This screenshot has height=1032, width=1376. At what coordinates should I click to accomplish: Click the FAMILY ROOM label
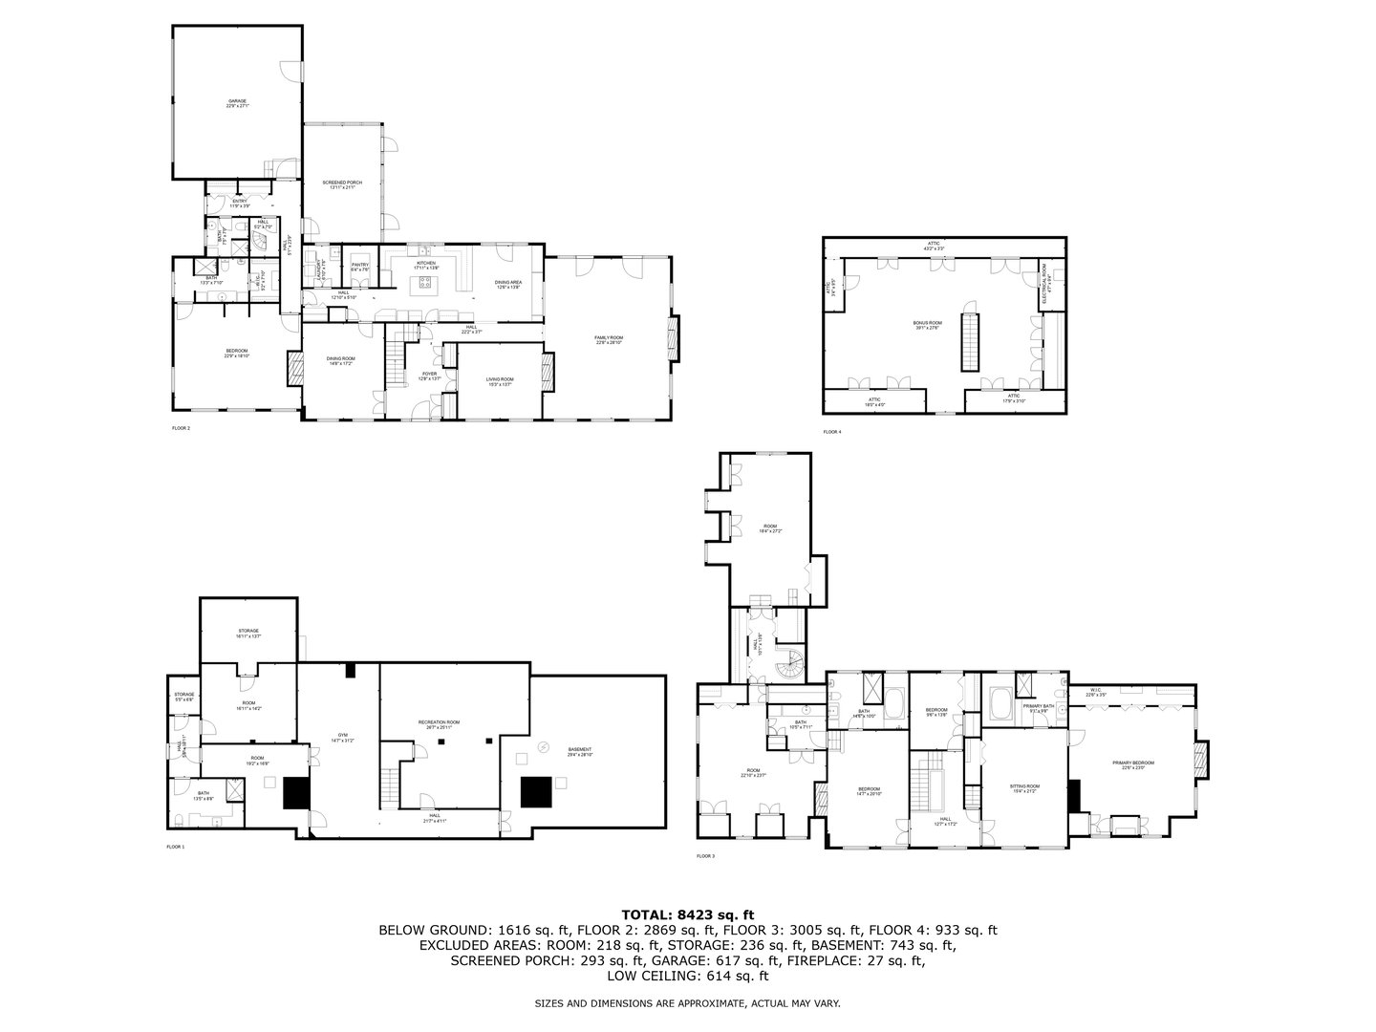609,339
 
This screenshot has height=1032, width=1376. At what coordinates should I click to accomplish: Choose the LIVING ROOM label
500,381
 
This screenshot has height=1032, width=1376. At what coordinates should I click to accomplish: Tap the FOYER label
430,376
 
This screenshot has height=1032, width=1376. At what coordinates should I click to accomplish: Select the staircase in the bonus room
970,342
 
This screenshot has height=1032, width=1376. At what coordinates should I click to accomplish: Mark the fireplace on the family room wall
676,339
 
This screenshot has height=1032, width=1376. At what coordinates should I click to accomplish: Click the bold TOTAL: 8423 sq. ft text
688,914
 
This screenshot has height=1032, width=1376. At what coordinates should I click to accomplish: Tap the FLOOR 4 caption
832,432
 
